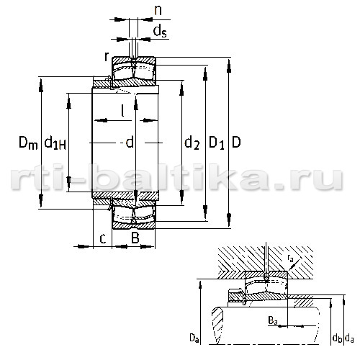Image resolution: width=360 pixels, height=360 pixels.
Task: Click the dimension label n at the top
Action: [158, 11]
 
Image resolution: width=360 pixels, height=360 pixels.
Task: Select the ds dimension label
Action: [160, 31]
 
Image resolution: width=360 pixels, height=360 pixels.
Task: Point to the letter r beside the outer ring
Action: [107, 57]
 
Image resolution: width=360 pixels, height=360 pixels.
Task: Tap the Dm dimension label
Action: [28, 143]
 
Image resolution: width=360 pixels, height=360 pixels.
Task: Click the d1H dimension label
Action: [55, 143]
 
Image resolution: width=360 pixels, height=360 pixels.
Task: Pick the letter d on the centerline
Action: [130, 143]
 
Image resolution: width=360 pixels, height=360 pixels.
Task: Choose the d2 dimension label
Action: [192, 143]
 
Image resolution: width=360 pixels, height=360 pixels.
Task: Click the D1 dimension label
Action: [217, 143]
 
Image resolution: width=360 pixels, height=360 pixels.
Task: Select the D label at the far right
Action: [236, 142]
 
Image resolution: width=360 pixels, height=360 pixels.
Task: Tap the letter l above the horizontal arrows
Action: [122, 111]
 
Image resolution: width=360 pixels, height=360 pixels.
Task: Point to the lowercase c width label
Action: [103, 239]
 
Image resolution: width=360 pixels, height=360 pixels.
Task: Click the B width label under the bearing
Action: [135, 238]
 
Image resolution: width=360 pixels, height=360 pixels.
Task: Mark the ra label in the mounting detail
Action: [290, 258]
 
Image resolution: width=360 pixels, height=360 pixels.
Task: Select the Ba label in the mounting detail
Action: [273, 320]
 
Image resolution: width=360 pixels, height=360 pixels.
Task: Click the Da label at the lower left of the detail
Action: [194, 338]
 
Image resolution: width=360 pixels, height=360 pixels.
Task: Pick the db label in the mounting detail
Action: [337, 338]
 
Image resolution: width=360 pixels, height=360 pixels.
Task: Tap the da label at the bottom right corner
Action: [349, 338]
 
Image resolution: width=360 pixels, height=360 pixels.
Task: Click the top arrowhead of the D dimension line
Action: [229, 66]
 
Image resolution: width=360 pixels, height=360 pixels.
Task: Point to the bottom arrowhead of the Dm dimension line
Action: [41, 201]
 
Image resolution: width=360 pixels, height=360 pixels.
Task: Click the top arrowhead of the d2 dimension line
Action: [181, 89]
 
